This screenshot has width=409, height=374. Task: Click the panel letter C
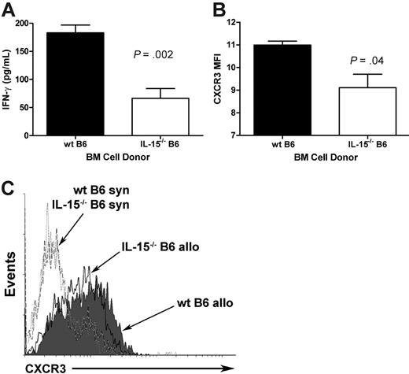pos(9,190)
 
